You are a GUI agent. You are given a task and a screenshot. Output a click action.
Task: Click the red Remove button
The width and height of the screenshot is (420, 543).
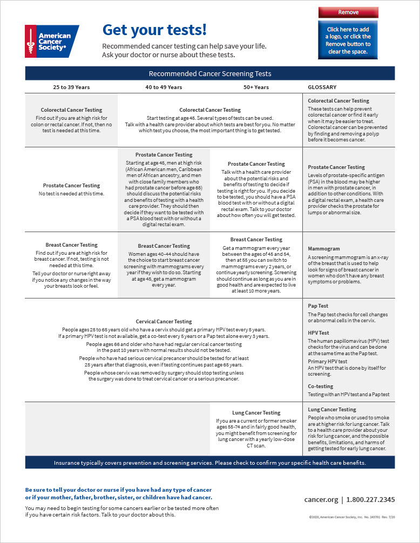(348, 12)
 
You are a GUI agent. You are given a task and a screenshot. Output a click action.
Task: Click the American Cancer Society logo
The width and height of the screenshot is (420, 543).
(52, 42)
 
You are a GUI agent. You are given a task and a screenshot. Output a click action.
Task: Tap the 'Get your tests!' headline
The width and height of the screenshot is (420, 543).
(154, 30)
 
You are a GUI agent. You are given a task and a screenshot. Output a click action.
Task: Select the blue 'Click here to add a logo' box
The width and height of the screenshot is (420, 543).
(348, 40)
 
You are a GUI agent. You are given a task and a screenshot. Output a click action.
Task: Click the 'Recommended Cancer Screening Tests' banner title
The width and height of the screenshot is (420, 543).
(210, 73)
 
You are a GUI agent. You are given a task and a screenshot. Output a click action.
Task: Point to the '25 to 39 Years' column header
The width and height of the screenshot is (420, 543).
(71, 87)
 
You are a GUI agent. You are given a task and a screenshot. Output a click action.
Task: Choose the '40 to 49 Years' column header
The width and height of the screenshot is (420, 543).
(164, 87)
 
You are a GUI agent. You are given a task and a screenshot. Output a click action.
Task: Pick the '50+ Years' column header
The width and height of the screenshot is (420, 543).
(256, 87)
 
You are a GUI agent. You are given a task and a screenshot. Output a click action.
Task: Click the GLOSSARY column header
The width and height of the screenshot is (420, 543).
(322, 87)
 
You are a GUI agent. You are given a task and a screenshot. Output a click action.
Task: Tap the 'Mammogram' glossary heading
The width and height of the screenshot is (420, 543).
(324, 249)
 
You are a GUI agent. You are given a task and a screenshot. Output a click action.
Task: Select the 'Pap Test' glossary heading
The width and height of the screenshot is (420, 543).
(319, 306)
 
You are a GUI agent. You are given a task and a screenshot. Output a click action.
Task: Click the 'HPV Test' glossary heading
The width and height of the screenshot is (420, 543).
(319, 333)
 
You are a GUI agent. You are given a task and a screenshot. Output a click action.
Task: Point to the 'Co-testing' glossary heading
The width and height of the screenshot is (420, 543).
(321, 386)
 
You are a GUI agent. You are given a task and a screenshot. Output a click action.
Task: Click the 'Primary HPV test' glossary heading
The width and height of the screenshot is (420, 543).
(328, 362)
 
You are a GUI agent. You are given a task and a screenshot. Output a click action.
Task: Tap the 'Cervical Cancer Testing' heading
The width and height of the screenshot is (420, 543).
(164, 322)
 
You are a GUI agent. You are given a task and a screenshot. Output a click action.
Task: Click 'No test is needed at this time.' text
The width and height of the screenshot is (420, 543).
(71, 193)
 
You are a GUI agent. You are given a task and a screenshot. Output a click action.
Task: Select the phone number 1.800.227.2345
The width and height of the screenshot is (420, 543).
(371, 500)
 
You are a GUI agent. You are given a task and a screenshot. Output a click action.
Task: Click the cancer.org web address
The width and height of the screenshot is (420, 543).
(321, 500)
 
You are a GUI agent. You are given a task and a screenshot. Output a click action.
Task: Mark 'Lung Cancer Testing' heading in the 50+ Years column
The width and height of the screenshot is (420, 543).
(256, 413)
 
